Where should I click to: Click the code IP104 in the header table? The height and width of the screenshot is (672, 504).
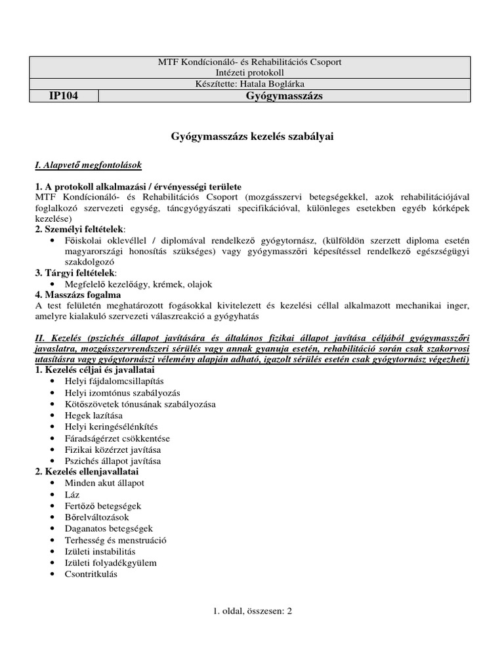pyautogui.click(x=64, y=96)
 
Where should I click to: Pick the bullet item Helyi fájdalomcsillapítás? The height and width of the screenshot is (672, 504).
pyautogui.click(x=114, y=381)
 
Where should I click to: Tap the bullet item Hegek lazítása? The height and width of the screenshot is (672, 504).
pyautogui.click(x=94, y=415)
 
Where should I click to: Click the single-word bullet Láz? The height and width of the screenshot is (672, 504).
pyautogui.click(x=72, y=495)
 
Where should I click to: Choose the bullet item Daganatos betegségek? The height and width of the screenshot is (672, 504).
pyautogui.click(x=109, y=528)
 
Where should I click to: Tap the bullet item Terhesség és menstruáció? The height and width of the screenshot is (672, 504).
pyautogui.click(x=115, y=540)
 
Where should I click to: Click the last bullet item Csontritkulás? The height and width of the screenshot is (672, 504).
pyautogui.click(x=91, y=574)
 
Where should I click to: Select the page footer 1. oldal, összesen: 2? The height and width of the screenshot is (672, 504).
pyautogui.click(x=251, y=610)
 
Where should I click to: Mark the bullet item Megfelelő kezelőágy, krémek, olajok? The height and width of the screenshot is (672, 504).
pyautogui.click(x=138, y=284)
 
